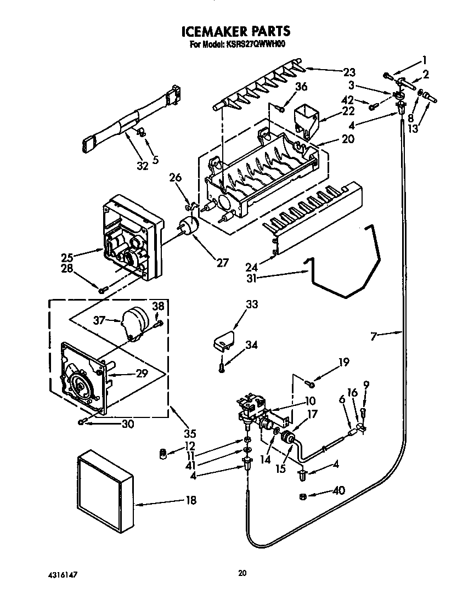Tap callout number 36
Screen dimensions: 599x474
tap(301, 87)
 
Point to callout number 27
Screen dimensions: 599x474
tap(222, 262)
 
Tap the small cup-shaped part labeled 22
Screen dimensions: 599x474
tap(306, 119)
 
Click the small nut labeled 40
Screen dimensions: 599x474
tap(303, 496)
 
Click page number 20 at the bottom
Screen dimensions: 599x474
tap(242, 573)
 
